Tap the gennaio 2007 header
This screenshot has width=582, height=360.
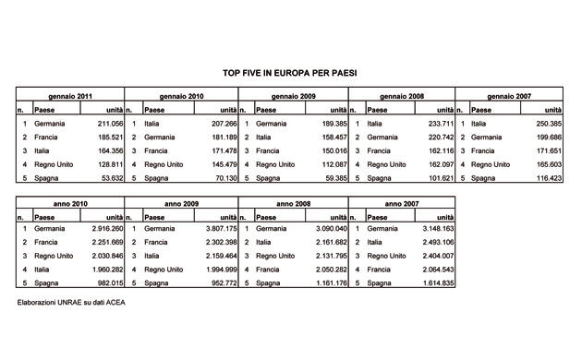click(x=510, y=95)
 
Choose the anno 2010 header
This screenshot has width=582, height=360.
click(x=71, y=202)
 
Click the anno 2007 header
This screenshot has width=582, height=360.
click(x=402, y=202)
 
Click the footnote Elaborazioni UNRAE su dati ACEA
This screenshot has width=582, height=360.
click(x=70, y=302)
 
